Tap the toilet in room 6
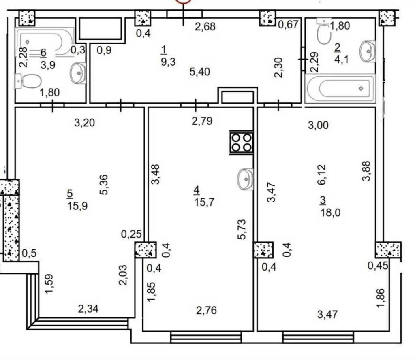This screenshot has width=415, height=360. pos(29,81)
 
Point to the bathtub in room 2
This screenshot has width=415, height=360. pos(340,89)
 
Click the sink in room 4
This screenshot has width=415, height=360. pos(245,179)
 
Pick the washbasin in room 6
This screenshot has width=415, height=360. pos(78,73)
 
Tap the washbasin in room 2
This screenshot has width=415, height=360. pos(368,51)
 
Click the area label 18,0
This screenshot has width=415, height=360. pos(331,213)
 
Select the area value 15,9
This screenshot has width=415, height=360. pos(77,206)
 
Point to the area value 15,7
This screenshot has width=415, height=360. pos(204,202)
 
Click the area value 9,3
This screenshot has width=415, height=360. pos(168,62)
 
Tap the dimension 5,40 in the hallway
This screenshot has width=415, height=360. pos(200,72)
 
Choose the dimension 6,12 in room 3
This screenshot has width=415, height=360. pos(322,175)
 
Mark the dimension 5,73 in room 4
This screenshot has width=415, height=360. pos(242,229)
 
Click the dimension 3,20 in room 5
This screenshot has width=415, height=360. pos(84,123)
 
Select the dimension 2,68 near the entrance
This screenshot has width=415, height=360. pos(205,27)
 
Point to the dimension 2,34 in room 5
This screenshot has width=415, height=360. pos(88,309)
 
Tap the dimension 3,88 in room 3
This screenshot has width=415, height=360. pos(366,171)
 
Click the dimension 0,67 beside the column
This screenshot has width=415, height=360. pos(288,25)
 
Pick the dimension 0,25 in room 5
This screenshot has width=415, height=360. pos(132,234)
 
